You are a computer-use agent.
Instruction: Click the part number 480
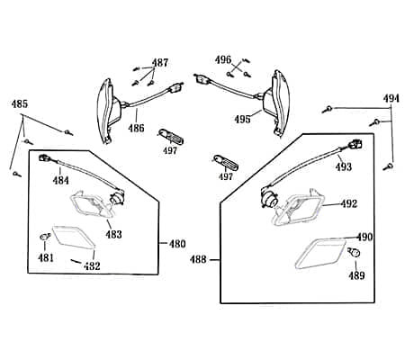tap(177, 244)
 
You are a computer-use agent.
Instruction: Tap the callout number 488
tap(198, 259)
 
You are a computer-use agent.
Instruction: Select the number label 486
tap(136, 128)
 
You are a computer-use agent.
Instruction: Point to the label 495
tap(242, 119)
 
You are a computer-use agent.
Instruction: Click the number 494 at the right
tap(391, 98)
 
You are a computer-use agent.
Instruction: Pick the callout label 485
tap(20, 103)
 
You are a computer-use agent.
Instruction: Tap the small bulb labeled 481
tap(45, 237)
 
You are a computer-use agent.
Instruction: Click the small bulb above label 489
tap(355, 253)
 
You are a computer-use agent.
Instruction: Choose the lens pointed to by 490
tap(320, 254)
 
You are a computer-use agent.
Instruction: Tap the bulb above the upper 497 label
tap(171, 137)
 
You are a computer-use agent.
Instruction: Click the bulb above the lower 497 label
tap(226, 163)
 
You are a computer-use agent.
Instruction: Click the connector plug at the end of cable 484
tap(45, 157)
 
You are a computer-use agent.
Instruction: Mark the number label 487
tap(160, 63)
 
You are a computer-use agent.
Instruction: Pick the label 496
tap(223, 59)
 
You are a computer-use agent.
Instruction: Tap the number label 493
tap(343, 166)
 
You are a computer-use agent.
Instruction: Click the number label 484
tap(60, 180)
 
